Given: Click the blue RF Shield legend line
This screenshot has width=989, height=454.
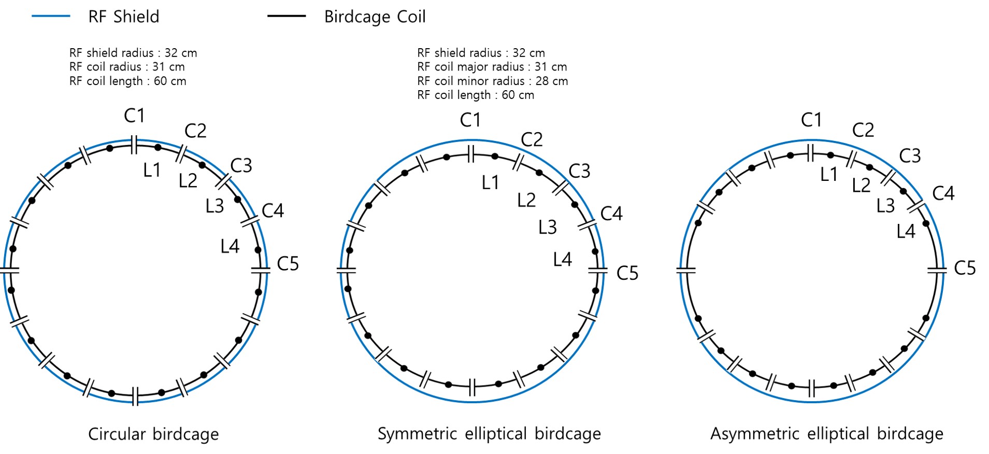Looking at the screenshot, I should tap(51, 17).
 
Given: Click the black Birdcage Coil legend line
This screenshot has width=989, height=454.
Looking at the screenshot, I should tap(286, 17).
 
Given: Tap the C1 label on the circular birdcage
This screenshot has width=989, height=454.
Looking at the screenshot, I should tap(134, 116).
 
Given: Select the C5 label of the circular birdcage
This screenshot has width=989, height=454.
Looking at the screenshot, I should tap(288, 264).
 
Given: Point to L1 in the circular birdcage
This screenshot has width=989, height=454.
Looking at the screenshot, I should tap(152, 170).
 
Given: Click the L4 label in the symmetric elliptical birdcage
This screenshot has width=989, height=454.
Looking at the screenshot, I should tap(562, 259).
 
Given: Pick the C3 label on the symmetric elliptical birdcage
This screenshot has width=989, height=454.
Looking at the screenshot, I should tap(579, 171).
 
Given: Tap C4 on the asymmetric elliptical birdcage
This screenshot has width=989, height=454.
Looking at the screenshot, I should tap(943, 193).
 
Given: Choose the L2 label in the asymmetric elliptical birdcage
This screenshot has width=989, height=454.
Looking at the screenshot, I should tap(861, 185).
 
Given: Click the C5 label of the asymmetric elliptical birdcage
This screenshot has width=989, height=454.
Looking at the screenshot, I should tap(965, 268).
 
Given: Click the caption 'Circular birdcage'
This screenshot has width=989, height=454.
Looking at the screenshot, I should tap(153, 434).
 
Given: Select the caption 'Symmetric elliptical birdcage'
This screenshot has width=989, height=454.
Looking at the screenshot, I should tap(489, 434).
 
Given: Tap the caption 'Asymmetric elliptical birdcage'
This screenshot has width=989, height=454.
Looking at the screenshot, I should tap(826, 434).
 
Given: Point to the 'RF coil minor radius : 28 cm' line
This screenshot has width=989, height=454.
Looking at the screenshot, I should tap(492, 81).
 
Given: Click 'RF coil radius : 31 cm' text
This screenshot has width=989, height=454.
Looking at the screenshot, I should tap(127, 67).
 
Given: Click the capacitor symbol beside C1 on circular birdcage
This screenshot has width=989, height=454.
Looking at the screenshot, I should tap(134, 145).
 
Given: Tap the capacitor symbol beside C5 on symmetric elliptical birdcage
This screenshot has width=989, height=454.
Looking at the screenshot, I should tap(597, 271).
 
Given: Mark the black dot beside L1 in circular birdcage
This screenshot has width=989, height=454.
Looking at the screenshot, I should tap(158, 148).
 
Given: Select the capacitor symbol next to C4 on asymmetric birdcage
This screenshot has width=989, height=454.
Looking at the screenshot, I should tap(916, 206).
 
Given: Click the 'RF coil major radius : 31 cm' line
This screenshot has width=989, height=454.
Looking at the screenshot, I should tap(492, 67).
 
